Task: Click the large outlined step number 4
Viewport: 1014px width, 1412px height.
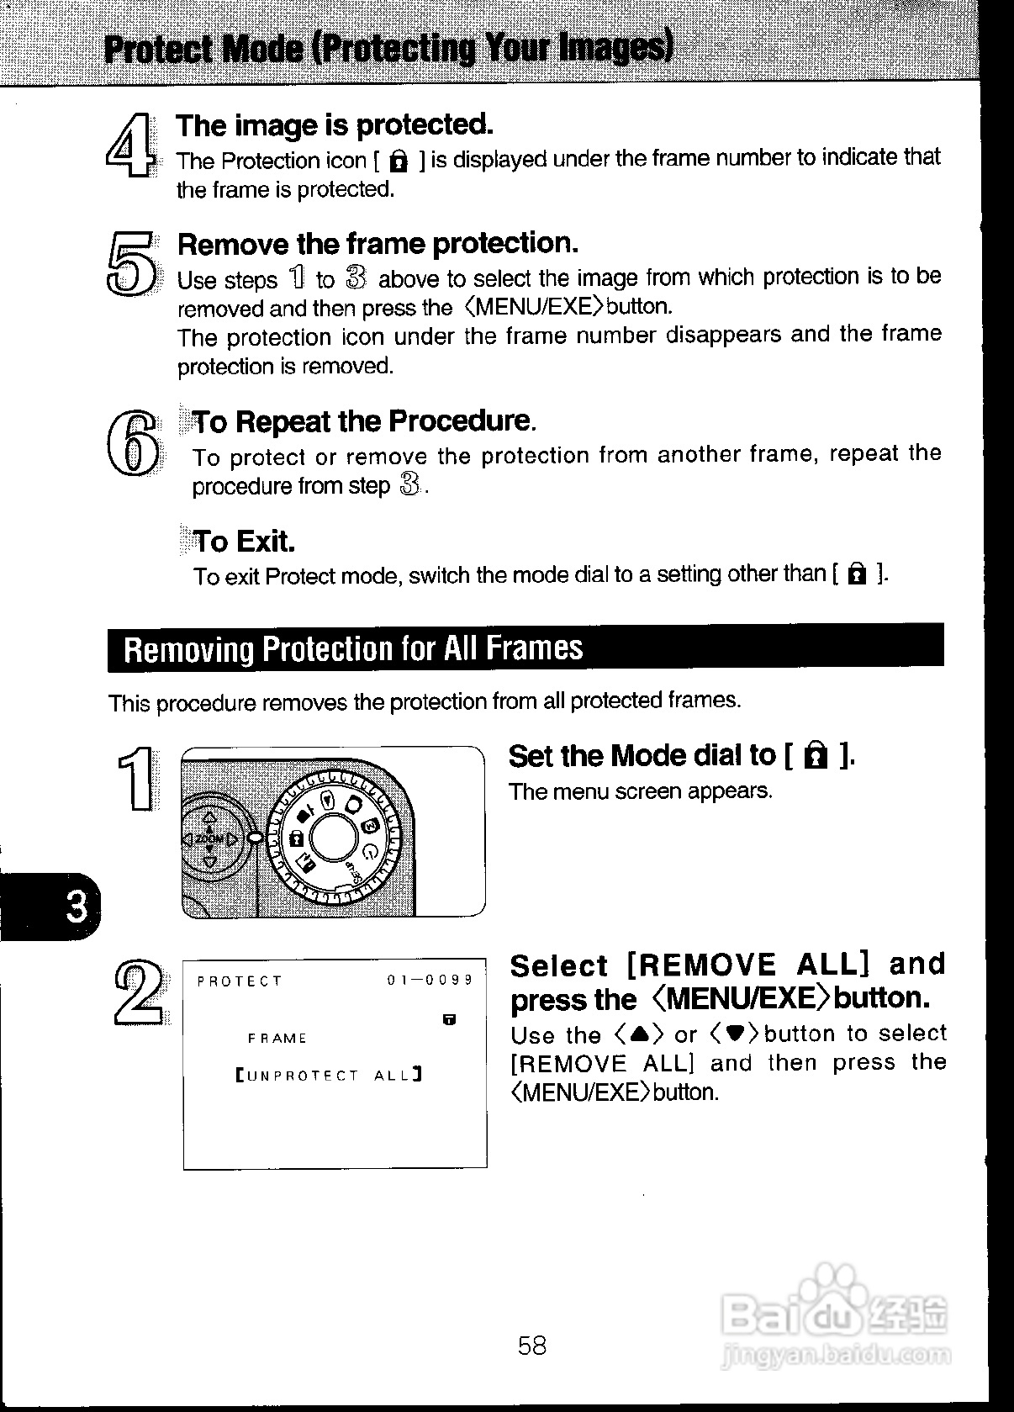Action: tap(131, 145)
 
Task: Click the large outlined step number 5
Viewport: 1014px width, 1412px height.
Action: tap(131, 263)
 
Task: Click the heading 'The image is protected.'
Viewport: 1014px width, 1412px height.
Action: tap(334, 125)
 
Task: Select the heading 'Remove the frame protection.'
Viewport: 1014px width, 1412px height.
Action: tap(378, 244)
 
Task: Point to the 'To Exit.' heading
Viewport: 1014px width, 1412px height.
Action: tap(244, 541)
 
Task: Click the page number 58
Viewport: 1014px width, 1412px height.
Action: tap(531, 1345)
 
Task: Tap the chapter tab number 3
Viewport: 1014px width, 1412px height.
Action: tap(76, 907)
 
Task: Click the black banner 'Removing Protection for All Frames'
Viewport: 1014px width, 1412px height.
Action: tap(525, 648)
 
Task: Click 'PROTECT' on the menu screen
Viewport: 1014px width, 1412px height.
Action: tap(240, 981)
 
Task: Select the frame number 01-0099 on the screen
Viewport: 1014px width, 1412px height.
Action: tap(430, 981)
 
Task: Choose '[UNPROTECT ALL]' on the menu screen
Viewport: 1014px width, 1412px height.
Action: tap(329, 1075)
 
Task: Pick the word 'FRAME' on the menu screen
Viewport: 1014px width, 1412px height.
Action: tap(277, 1039)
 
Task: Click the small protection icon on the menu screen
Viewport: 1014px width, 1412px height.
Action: tap(450, 1020)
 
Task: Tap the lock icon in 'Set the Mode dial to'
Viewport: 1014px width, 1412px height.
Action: tap(814, 757)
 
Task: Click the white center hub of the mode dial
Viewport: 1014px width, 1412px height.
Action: tap(335, 838)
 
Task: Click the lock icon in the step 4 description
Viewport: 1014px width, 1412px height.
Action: tap(400, 161)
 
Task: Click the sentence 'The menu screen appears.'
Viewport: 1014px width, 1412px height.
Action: tap(640, 791)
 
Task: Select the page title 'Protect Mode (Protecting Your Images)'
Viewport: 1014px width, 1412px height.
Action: tap(388, 49)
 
